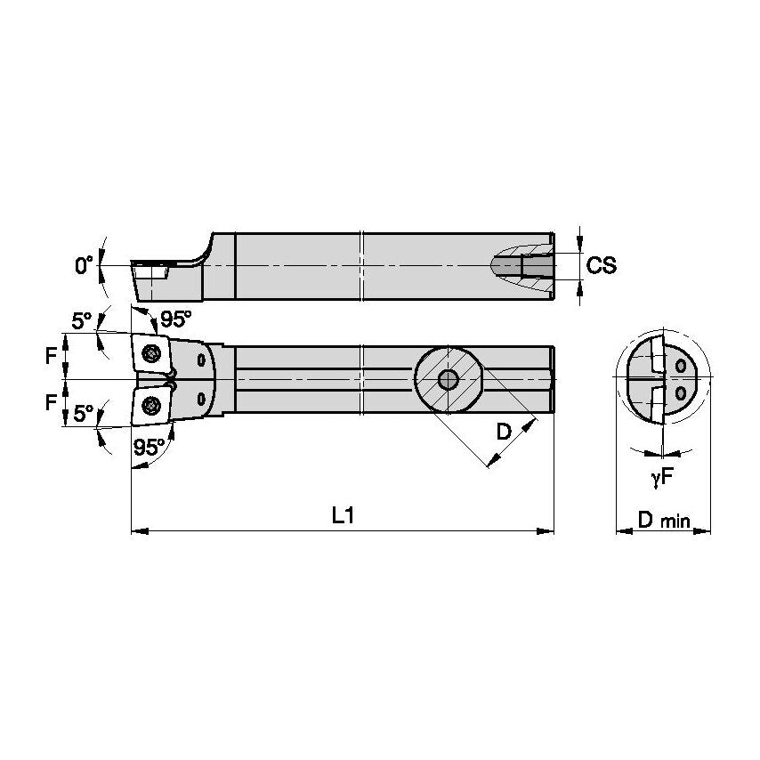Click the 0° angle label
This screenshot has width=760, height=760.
84,265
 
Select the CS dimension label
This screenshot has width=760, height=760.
604,265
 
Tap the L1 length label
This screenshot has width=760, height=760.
344,516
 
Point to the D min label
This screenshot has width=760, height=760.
663,520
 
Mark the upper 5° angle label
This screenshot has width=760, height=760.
82,320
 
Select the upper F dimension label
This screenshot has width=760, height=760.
51,356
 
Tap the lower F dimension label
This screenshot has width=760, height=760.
51,402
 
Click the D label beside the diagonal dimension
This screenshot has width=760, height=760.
504,433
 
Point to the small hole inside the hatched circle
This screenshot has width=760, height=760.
449,380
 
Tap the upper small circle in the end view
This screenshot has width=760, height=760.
681,365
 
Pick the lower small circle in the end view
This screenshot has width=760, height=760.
681,392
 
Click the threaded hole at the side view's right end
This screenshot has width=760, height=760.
534,265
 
